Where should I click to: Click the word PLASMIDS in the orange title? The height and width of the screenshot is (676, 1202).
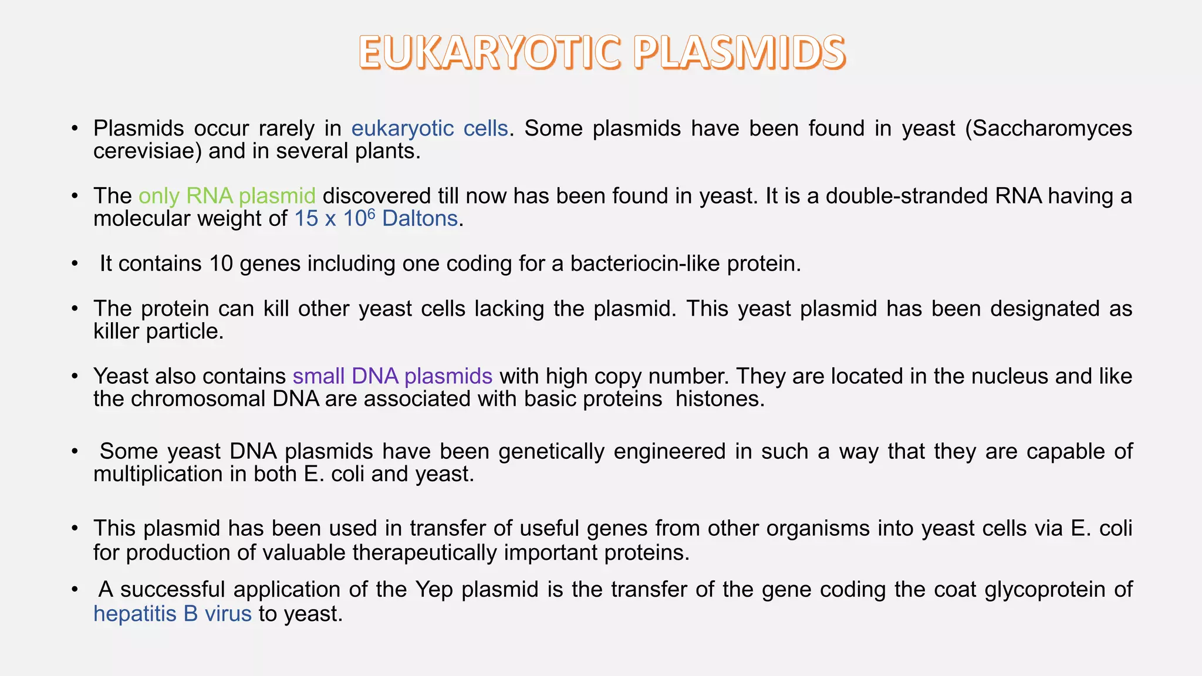[739, 52]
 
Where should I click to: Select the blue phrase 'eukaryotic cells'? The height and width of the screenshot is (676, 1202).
[430, 128]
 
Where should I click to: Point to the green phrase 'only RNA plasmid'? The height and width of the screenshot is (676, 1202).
[227, 195]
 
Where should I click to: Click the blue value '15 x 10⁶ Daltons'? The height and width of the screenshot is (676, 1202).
[376, 219]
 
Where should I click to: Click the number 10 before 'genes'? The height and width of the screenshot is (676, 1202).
[221, 263]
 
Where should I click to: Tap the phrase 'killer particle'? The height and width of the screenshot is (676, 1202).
[158, 332]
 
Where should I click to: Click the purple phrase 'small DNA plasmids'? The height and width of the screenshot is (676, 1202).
[392, 376]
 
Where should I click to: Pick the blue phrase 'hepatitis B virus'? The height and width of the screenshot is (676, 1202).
[173, 614]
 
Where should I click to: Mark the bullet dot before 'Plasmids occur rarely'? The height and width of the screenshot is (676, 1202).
[75, 129]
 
